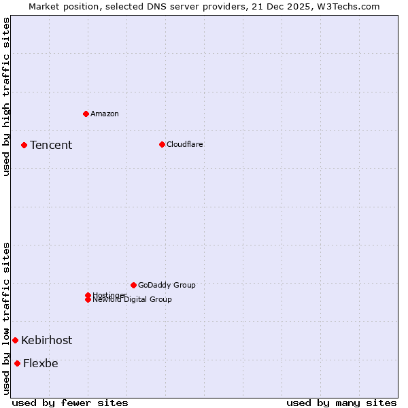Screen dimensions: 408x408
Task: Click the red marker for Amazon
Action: point(86,114)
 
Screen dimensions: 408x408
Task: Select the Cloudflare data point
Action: point(162,144)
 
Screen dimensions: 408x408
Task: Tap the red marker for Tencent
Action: point(24,145)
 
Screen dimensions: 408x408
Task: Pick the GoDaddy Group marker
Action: point(133,285)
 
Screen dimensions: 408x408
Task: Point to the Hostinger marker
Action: point(88,295)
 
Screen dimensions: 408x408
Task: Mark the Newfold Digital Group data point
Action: point(88,299)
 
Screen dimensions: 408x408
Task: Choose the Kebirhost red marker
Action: point(15,340)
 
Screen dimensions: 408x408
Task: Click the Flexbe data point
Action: point(17,363)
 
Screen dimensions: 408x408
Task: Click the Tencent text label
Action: point(51,145)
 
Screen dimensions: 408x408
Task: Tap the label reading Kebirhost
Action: point(46,340)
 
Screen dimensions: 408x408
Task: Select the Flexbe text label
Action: point(41,363)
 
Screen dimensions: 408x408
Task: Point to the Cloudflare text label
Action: point(185,144)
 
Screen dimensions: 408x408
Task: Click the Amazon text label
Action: point(105,114)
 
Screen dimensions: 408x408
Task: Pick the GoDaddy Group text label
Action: point(167,285)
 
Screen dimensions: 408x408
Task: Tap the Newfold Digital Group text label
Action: point(133,300)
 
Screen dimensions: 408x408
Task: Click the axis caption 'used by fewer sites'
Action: point(70,403)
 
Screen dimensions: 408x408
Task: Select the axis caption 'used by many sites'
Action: point(341,403)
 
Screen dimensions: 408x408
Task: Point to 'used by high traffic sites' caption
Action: point(7,97)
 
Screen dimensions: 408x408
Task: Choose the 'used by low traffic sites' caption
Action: point(7,318)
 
